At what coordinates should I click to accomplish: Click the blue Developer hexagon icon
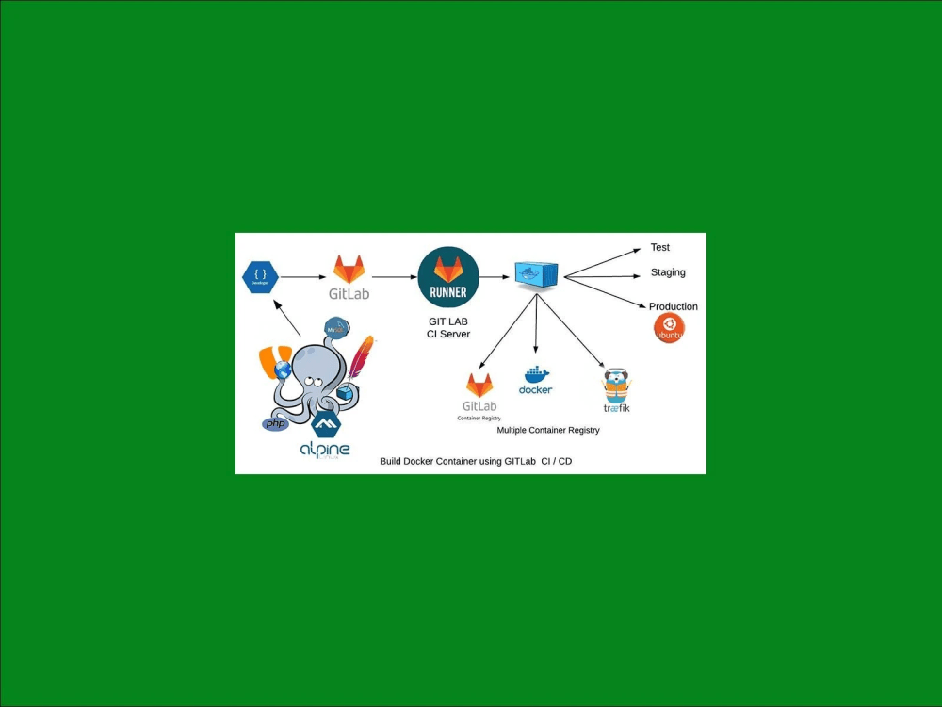(x=261, y=277)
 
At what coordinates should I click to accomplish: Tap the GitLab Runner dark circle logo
(x=448, y=277)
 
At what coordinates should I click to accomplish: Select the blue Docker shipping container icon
(x=537, y=274)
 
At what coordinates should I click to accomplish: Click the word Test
(x=660, y=247)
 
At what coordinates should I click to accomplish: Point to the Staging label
(x=668, y=272)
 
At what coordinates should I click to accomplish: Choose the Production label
(x=674, y=306)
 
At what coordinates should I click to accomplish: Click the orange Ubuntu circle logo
(x=669, y=328)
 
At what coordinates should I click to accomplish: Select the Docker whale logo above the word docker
(x=535, y=374)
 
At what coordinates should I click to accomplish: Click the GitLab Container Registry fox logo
(x=479, y=385)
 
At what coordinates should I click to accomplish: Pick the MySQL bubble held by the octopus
(x=336, y=328)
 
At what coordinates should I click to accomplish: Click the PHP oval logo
(x=275, y=424)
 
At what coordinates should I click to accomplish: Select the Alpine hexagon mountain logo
(x=326, y=425)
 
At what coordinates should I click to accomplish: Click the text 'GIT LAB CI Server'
(x=448, y=327)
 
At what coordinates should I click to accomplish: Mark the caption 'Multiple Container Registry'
(x=548, y=430)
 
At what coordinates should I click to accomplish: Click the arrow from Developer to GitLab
(x=303, y=277)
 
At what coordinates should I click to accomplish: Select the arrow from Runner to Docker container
(x=495, y=277)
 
